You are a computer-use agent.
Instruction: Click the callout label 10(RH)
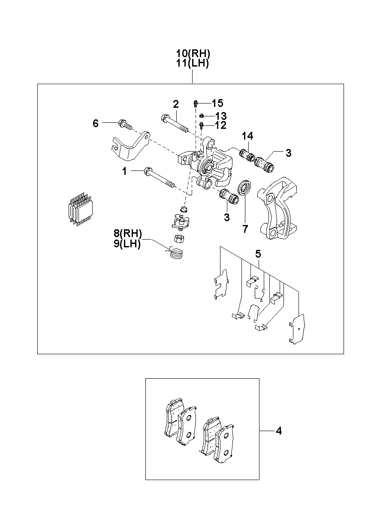tap(193, 54)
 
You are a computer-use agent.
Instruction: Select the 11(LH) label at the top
tap(192, 64)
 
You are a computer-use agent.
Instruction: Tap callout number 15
tap(217, 103)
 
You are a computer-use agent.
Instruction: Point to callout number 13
tap(221, 116)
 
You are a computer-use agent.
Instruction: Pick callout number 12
tap(220, 125)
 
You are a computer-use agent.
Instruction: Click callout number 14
tap(247, 136)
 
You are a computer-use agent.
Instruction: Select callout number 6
tap(96, 123)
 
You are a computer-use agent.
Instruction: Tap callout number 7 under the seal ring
tap(245, 229)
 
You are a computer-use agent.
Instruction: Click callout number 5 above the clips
tap(258, 254)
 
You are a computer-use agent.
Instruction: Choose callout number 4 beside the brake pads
tap(279, 431)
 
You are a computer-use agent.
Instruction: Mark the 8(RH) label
tap(127, 233)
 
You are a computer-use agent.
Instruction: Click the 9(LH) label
tap(127, 244)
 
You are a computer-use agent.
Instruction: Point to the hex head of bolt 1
tap(148, 171)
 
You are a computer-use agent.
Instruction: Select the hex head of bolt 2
tap(164, 119)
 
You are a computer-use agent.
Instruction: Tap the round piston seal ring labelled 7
tap(244, 187)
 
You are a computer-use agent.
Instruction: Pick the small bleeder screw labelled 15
tap(196, 103)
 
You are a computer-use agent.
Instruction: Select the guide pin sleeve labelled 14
tap(247, 156)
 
